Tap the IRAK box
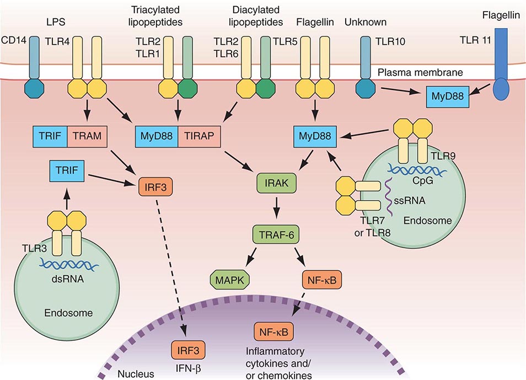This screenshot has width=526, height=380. [x=277, y=183]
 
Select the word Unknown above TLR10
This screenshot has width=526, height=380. [x=365, y=23]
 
